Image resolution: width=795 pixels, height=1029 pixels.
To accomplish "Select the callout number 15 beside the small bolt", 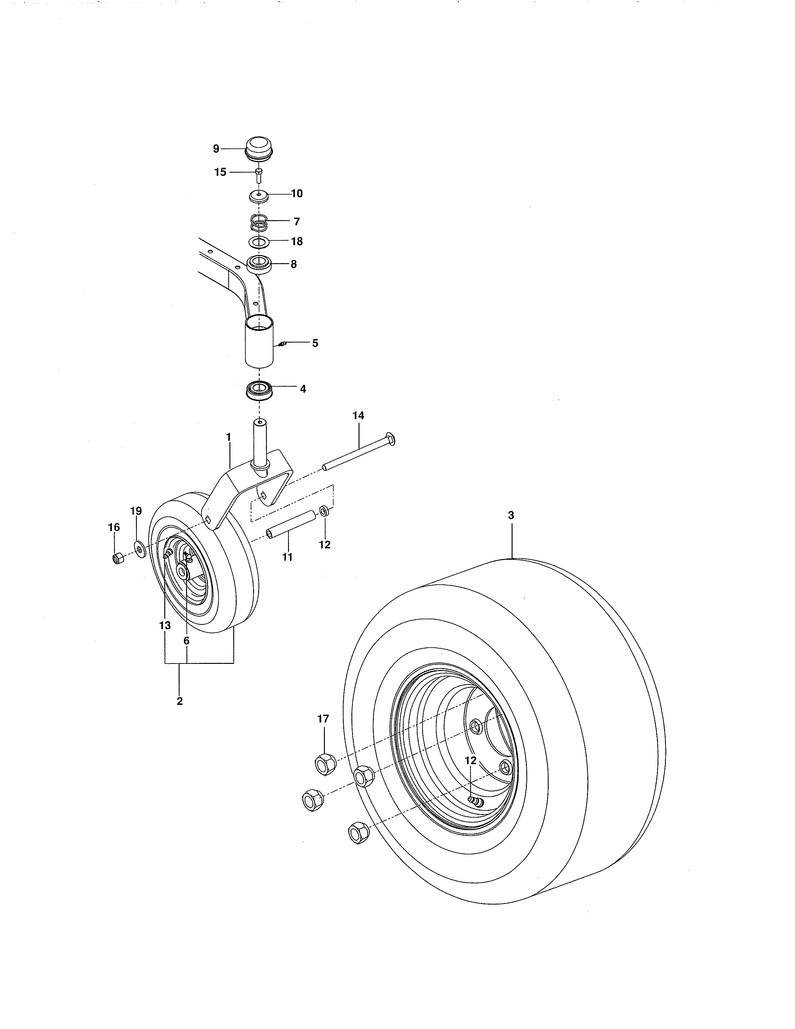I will pyautogui.click(x=220, y=172).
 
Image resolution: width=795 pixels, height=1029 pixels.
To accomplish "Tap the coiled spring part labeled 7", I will pyautogui.click(x=258, y=221).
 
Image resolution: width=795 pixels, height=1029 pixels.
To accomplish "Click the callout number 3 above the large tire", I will pyautogui.click(x=511, y=515).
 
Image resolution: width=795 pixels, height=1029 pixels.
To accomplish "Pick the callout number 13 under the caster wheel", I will pyautogui.click(x=164, y=626).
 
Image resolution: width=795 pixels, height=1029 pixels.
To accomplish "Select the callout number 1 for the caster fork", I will pyautogui.click(x=229, y=437).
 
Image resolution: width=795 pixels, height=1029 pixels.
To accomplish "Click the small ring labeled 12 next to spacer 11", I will pyautogui.click(x=325, y=511).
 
